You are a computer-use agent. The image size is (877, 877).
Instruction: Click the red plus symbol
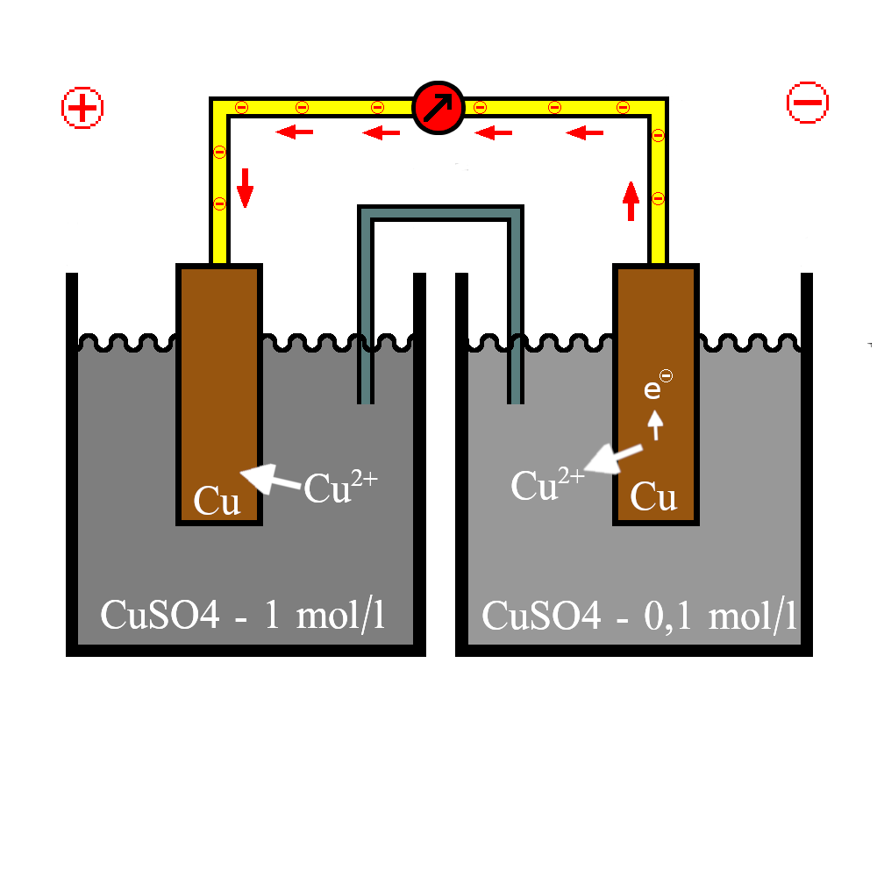pos(82,107)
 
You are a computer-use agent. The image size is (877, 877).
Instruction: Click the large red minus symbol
pos(807,103)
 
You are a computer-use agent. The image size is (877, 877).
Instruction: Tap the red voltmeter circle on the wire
pos(438,108)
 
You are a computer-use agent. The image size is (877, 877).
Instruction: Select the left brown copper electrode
pos(219,395)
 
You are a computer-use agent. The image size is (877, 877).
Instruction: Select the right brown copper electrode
pos(656,395)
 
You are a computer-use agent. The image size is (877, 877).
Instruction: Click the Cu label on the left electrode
pos(217,501)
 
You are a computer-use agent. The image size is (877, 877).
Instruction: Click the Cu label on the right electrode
pos(653,496)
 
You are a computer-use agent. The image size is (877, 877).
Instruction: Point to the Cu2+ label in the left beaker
pos(340,487)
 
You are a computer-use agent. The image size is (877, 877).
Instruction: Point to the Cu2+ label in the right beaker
pos(547,483)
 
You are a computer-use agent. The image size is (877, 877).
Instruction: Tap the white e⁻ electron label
pos(658,385)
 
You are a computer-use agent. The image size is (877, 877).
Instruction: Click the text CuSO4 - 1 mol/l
pos(243,616)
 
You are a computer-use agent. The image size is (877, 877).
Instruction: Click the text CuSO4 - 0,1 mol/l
pos(638,617)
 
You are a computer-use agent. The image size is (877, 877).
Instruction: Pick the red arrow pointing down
pos(245,188)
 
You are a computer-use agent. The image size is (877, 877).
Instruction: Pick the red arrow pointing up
pos(631,201)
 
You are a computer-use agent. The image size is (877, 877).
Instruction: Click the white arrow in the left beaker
pos(271,478)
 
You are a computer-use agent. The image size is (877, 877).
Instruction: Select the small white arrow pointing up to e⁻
pos(655,425)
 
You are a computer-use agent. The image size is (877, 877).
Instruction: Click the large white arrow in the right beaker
pos(613,458)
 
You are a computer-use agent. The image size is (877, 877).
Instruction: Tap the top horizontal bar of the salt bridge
pos(441,213)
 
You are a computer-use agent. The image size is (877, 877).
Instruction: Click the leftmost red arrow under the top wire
pos(294,132)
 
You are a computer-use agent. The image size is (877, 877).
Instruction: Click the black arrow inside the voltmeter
pos(438,107)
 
